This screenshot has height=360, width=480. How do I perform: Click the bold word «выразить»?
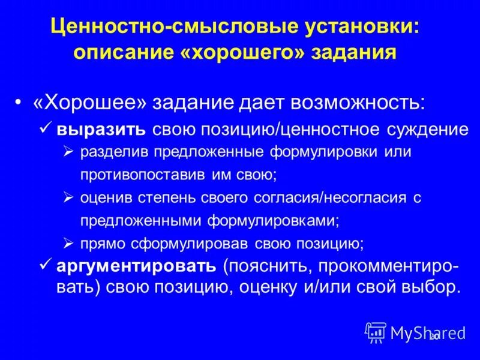[x=100, y=129]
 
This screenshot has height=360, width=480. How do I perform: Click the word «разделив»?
[x=113, y=152]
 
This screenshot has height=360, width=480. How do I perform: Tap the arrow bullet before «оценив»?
[x=68, y=197]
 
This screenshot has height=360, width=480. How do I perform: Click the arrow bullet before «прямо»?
[x=68, y=243]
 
